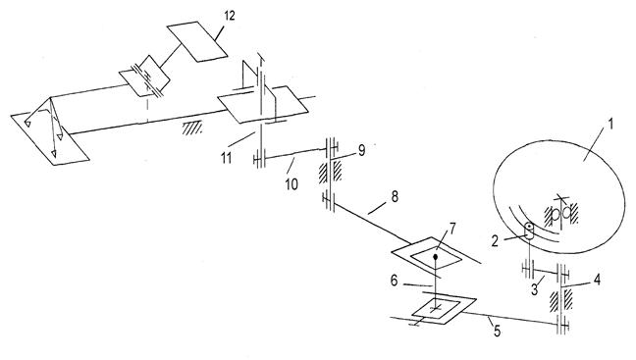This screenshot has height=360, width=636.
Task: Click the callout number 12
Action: click(229, 16)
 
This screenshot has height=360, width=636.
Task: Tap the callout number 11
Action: click(226, 158)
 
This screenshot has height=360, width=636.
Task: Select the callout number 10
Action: click(291, 184)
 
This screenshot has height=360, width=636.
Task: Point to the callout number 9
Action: click(361, 150)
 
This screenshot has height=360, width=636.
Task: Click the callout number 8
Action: click(395, 197)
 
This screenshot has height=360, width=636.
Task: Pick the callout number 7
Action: click(451, 229)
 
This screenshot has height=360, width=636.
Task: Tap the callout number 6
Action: click(394, 281)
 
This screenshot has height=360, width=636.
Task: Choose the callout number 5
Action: click(497, 332)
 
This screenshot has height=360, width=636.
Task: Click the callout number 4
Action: click(597, 279)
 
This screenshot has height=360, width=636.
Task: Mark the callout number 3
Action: click(535, 289)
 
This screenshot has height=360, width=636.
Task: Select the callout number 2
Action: click(495, 241)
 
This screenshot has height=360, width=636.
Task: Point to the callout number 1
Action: click(609, 124)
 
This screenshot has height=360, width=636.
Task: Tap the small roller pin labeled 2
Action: click(529, 230)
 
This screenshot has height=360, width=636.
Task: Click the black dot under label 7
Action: click(436, 257)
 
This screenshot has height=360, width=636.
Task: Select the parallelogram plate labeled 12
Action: click(196, 42)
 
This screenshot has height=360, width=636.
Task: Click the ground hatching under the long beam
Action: click(192, 129)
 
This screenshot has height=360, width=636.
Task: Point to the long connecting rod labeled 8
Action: click(368, 222)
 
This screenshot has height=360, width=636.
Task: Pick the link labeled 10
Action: click(295, 155)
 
